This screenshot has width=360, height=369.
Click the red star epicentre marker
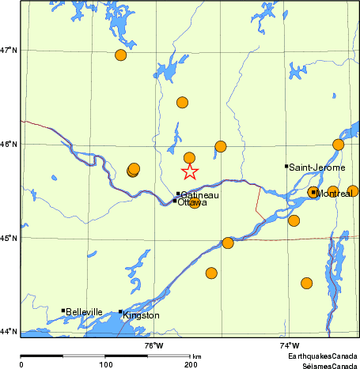pos(189,171)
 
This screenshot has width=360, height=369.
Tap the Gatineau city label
pos(200,194)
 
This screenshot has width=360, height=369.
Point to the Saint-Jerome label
pos(316,168)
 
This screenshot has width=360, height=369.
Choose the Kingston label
pos(141,315)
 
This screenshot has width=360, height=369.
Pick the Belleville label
pos(85,312)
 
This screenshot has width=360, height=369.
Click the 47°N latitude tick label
pos(9,51)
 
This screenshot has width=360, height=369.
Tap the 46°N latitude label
pos(9,144)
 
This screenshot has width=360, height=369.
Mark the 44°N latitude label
pos(9,331)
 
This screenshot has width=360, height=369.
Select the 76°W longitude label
pos(153,345)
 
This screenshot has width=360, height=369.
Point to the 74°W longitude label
pos(290,345)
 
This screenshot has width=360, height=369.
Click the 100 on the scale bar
pos(105,364)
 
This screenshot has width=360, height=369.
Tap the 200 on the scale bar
pos(191,364)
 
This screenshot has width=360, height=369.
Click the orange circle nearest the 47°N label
pos(121,55)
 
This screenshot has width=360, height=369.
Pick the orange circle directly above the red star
pos(189,158)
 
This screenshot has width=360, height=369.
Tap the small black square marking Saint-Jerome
pos(286,166)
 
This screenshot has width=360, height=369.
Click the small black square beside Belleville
pos(63,311)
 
